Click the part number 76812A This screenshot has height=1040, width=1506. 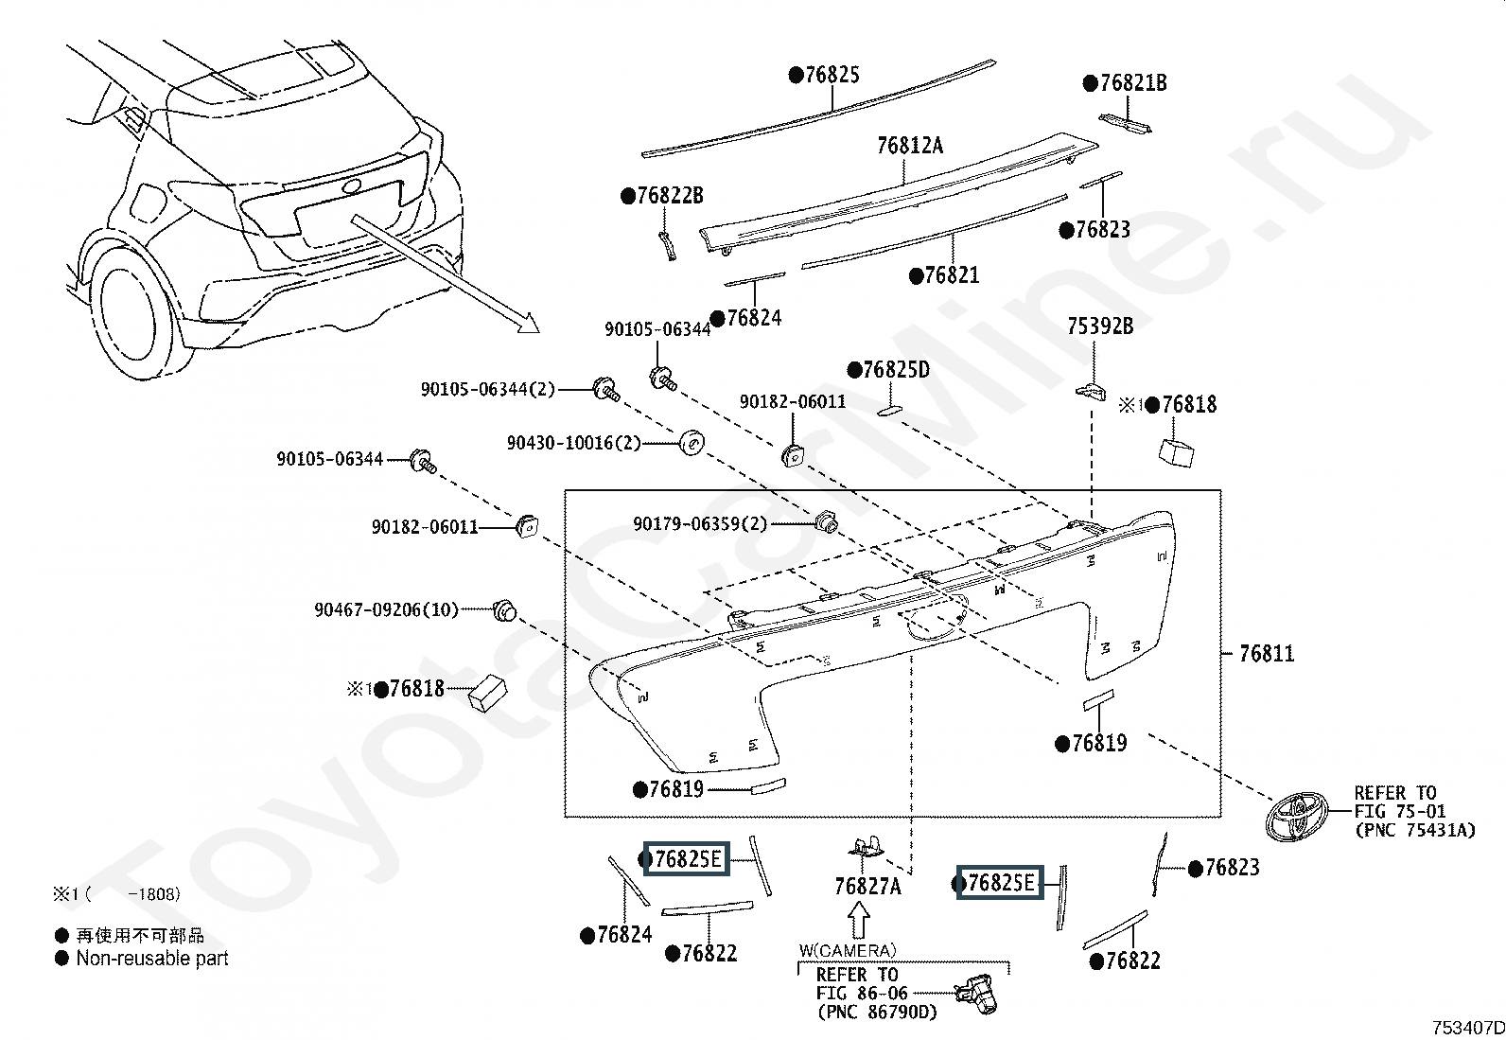pos(909,146)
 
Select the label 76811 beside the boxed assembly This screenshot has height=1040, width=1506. pos(1266,653)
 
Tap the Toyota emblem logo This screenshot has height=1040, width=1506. pos(1297,816)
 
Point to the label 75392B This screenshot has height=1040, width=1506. pos(1100,326)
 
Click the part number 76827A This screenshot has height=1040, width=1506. pos(867,887)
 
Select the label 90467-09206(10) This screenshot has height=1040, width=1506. pos(386,610)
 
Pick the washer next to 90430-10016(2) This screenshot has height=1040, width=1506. pos(692,442)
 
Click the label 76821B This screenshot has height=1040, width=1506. pos(1132,83)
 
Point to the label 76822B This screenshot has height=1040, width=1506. pos(669,196)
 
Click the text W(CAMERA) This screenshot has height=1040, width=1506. pos(847,950)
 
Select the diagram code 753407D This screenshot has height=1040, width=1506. pos(1466,1028)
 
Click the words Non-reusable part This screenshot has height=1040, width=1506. pos(151,959)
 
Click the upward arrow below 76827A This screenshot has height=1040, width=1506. pos(858,921)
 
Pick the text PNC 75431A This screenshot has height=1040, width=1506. pos(1414,830)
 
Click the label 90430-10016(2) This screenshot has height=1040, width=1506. pos(573,443)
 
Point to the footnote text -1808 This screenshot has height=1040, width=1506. pos(157,893)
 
